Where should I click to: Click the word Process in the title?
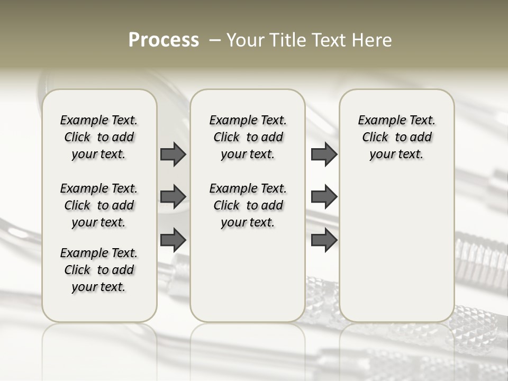tap(164, 40)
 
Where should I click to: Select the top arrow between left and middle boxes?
tap(173, 154)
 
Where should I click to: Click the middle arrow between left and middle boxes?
tap(173, 197)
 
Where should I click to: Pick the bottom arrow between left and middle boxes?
tap(173, 240)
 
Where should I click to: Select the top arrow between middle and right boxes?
tap(324, 154)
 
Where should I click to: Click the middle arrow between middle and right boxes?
tap(324, 197)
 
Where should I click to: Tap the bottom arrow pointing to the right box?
tap(324, 240)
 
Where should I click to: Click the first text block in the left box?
tap(99, 137)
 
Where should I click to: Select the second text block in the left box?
tap(99, 205)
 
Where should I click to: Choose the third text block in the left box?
tap(99, 270)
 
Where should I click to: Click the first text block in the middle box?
tap(248, 137)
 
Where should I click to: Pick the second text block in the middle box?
tap(248, 205)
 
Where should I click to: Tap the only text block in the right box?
tap(396, 137)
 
